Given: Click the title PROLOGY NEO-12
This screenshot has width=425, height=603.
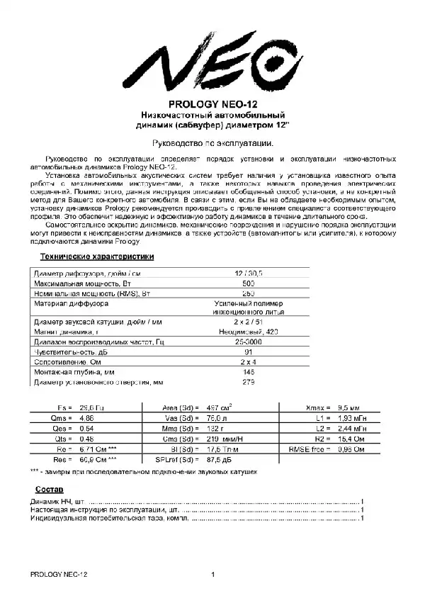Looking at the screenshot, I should pyautogui.click(x=213, y=103).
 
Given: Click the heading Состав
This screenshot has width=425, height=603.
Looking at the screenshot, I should pyautogui.click(x=50, y=490).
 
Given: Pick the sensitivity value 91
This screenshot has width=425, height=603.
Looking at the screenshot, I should pyautogui.click(x=249, y=351).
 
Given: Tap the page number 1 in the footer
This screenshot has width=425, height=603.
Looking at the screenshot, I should pyautogui.click(x=213, y=575).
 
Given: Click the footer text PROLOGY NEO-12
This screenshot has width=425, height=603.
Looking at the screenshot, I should pyautogui.click(x=59, y=575).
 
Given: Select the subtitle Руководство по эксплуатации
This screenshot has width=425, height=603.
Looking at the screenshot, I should pyautogui.click(x=213, y=142).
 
